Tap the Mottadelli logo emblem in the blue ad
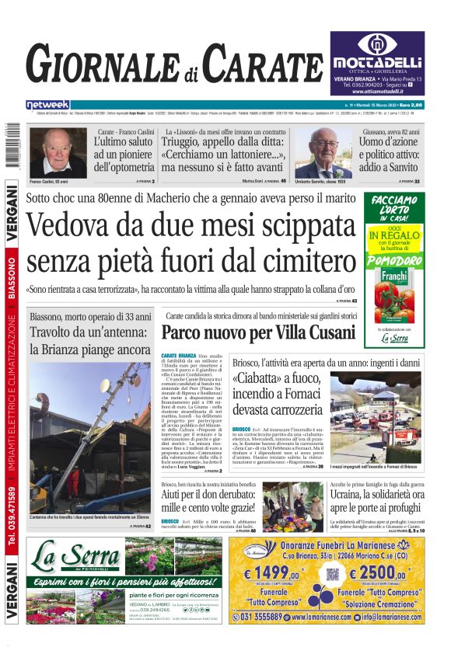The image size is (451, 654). tap(376, 44)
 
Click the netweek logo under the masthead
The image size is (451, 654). tap(47, 104)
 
